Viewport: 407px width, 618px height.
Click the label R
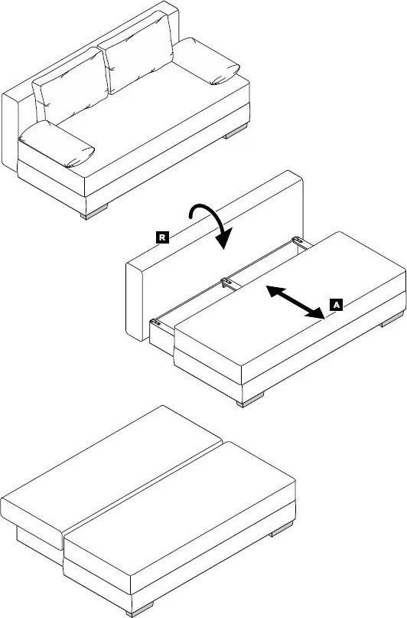tap(162, 237)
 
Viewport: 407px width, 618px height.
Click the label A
tap(336, 305)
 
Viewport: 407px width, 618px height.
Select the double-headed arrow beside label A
tap(295, 302)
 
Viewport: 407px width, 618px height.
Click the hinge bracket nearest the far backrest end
tap(298, 240)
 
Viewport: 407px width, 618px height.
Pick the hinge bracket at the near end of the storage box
tap(156, 322)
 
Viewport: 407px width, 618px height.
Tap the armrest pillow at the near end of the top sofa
tap(56, 144)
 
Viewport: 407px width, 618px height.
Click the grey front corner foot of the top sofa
tap(93, 211)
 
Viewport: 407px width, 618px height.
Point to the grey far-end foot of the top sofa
tap(236, 131)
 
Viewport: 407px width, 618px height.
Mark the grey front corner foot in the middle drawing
tap(250, 399)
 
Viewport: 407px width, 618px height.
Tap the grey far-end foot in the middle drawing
tap(392, 319)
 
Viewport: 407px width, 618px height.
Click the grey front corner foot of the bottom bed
tap(139, 609)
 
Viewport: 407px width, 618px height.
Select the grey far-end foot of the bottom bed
tap(282, 529)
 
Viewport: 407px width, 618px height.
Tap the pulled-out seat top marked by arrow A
tap(289, 302)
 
